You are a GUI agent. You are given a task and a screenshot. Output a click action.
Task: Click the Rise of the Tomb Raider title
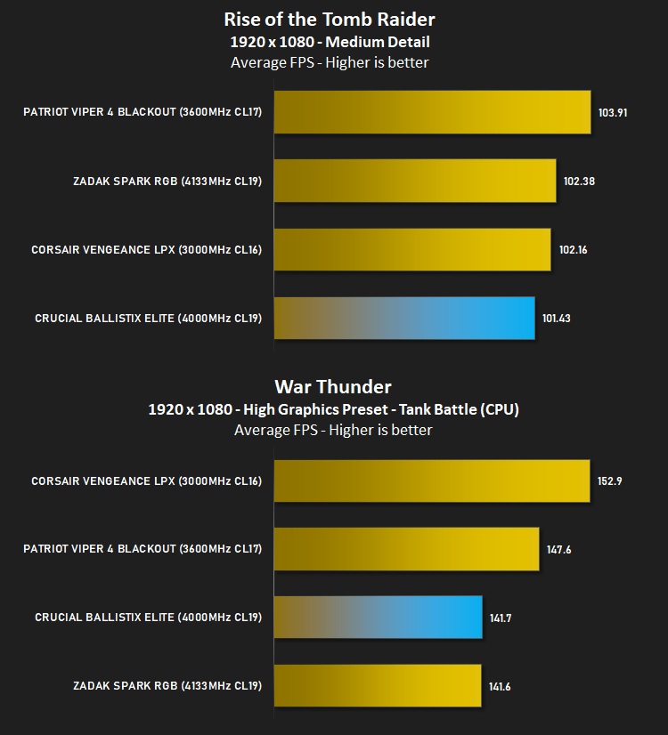click(x=330, y=20)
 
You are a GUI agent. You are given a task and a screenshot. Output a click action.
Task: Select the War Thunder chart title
click(x=333, y=387)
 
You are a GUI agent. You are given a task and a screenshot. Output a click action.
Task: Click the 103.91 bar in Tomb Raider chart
click(x=433, y=112)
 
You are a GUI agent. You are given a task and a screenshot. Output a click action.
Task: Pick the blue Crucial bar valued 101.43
click(x=404, y=319)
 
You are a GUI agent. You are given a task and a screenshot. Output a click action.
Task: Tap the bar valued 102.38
click(x=415, y=181)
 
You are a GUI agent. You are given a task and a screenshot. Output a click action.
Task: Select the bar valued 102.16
click(x=412, y=249)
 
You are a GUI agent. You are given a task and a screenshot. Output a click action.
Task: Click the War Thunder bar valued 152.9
click(x=432, y=481)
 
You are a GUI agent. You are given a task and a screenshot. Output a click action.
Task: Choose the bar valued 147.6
click(x=407, y=549)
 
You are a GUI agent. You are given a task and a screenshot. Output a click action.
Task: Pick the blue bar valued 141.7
click(x=379, y=617)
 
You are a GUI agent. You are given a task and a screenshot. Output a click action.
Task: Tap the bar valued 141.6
click(x=378, y=685)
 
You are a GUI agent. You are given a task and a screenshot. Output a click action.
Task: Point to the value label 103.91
click(x=613, y=112)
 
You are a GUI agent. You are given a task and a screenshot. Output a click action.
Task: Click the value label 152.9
click(x=609, y=481)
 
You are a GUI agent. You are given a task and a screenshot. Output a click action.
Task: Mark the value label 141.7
click(x=501, y=618)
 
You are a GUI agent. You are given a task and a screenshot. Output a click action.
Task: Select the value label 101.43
click(x=557, y=319)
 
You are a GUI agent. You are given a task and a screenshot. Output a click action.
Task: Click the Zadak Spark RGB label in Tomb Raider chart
click(x=167, y=182)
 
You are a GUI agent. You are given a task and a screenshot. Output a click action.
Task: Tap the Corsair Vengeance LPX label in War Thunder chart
click(x=146, y=481)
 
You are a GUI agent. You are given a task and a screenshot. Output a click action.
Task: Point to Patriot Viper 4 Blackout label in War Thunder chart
click(x=143, y=549)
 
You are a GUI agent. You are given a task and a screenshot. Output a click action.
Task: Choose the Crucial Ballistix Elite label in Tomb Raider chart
click(x=148, y=319)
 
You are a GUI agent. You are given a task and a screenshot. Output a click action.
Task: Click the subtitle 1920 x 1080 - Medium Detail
click(x=330, y=42)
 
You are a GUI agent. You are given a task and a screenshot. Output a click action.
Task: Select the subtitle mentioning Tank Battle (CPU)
click(x=333, y=409)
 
